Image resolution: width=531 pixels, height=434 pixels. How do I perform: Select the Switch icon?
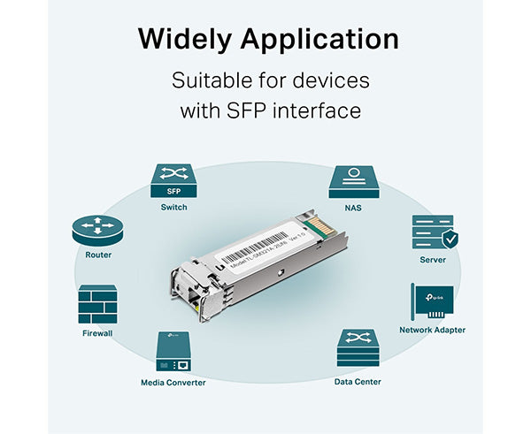[x=173, y=181]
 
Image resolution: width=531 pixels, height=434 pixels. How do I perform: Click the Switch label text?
[x=173, y=207]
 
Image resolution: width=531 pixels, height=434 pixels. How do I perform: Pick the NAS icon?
[x=354, y=181]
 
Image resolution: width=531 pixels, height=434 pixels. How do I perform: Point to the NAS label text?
[x=354, y=207]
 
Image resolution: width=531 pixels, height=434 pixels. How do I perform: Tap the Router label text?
[x=98, y=255]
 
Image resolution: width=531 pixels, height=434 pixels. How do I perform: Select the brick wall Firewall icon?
[x=97, y=304]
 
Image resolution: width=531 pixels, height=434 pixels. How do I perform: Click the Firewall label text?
[x=97, y=334]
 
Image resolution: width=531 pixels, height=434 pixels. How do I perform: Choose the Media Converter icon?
[x=173, y=351]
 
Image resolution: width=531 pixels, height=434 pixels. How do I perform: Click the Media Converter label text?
[x=173, y=382]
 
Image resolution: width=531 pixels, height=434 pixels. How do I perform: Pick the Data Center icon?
[x=358, y=350]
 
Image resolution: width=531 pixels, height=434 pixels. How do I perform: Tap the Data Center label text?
[x=358, y=382]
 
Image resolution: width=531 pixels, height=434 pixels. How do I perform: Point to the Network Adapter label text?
[x=432, y=330]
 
